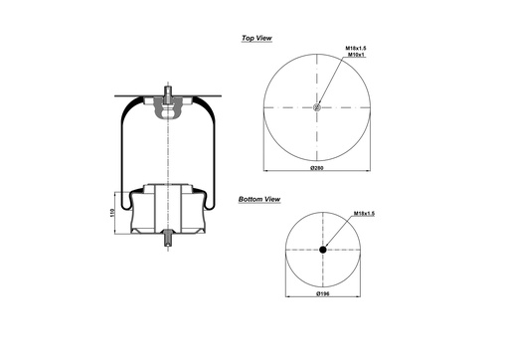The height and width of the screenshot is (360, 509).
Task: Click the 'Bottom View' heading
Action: [258, 200]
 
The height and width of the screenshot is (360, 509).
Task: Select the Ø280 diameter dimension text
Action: [317, 168]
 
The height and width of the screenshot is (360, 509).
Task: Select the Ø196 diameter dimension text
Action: [322, 295]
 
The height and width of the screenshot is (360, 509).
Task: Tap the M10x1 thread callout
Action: [354, 56]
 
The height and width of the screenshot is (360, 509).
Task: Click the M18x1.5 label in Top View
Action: [357, 48]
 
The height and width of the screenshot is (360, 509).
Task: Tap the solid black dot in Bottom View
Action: [323, 251]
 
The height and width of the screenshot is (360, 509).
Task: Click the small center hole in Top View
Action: [317, 108]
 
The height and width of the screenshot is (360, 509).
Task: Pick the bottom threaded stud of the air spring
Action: [168, 242]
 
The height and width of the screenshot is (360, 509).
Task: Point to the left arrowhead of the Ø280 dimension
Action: [265, 163]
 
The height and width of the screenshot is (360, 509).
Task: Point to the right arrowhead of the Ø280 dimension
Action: [369, 163]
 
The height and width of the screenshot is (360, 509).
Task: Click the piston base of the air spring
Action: [167, 209]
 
